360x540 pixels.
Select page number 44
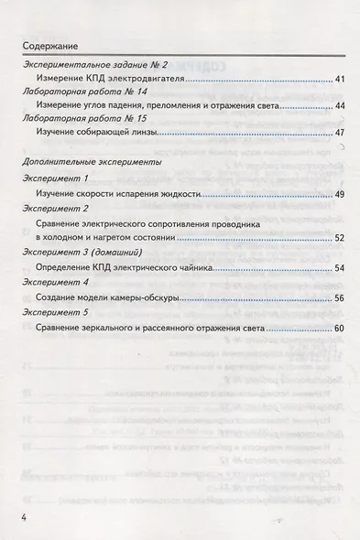point(339,107)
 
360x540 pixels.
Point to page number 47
point(339,134)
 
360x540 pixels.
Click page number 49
point(339,196)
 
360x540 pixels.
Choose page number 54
point(339,268)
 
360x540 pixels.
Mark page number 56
point(339,298)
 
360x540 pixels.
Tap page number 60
point(339,329)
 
